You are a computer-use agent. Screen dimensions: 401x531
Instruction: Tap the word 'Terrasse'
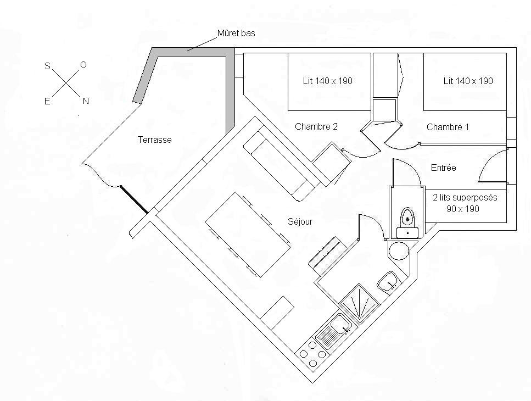tap(154, 140)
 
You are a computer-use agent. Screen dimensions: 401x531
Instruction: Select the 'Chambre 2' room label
tap(316, 127)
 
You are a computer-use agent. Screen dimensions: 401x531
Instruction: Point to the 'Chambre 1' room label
tap(448, 127)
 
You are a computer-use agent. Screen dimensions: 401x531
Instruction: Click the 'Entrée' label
tap(443, 168)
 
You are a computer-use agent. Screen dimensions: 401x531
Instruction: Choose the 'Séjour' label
tap(300, 222)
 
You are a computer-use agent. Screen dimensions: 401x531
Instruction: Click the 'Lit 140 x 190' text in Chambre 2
tap(327, 81)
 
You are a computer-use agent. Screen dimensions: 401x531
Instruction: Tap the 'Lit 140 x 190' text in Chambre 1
tap(468, 81)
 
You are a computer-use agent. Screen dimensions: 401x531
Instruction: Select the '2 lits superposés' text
tap(465, 198)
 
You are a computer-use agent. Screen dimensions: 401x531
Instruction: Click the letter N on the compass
tap(86, 101)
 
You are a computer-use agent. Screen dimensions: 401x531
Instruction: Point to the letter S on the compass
tap(47, 66)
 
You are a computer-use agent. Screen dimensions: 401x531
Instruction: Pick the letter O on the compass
tap(83, 65)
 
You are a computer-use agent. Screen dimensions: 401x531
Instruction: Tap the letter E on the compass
tap(47, 102)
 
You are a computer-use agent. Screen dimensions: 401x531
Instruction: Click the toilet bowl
tap(407, 218)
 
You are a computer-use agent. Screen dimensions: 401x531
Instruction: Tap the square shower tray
tap(359, 302)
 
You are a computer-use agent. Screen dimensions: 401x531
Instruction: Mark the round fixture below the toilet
tap(399, 251)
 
